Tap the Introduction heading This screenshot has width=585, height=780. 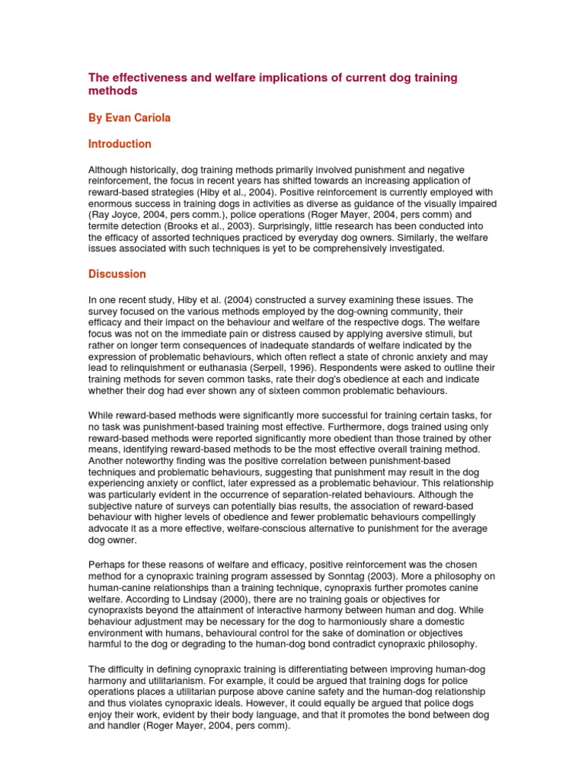(x=120, y=144)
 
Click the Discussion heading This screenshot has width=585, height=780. (x=117, y=273)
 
